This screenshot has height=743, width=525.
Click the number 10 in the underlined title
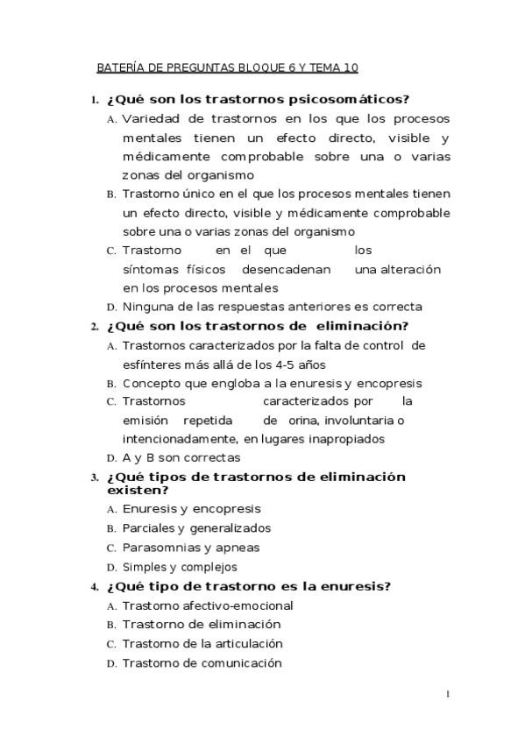pos(351,67)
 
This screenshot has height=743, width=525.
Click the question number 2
pos(94,327)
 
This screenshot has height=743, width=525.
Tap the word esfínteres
pos(156,364)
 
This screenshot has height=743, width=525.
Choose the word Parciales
pos(148,527)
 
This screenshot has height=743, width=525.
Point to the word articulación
pos(245,644)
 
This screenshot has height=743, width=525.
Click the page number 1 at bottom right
pos(447,696)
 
